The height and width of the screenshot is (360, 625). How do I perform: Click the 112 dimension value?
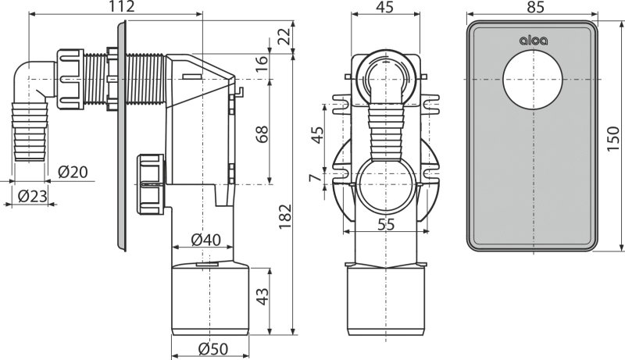122,6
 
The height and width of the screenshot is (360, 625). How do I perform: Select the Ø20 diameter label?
73,172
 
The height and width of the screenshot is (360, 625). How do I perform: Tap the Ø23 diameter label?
33,196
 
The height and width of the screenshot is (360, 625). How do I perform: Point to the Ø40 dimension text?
205,240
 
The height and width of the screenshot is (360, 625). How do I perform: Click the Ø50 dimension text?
213,349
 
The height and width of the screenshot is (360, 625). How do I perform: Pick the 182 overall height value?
285,216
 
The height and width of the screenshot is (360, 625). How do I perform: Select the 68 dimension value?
262,134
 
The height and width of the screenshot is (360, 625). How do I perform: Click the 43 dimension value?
262,296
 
